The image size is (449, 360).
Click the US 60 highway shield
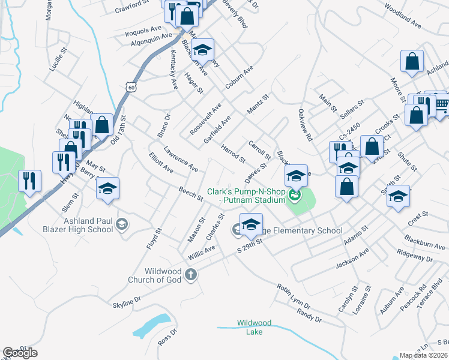pos(131,87)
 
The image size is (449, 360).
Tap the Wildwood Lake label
pos(254,326)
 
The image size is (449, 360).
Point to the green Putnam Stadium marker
pos(294,194)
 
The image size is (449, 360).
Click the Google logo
pos(20,353)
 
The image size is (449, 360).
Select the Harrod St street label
pos(233,154)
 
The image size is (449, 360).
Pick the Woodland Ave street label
pos(403,17)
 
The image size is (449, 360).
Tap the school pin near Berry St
pos(107,188)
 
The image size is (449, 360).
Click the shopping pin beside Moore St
pos(412,61)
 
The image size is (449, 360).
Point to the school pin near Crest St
pos(398,196)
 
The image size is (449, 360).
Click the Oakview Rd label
pos(306,125)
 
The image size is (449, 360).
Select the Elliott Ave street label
pos(161,163)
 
